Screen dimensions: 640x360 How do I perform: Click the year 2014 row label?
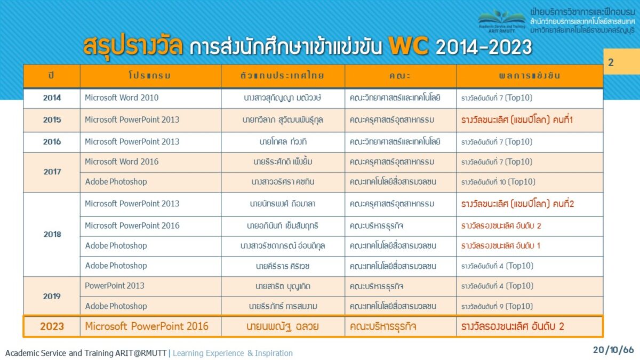pos(52,98)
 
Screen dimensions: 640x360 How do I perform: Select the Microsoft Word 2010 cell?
pos(122,98)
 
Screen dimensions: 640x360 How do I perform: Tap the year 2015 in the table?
pos(52,119)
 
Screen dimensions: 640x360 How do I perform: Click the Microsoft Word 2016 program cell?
pos(122,162)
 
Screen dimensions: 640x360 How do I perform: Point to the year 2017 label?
pos(52,172)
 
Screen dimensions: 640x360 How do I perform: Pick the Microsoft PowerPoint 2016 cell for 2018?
pos(132,226)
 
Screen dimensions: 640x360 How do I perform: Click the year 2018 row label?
pos(52,234)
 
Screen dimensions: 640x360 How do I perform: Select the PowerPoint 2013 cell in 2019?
pos(115,286)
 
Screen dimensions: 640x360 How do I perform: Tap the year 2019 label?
pos(52,297)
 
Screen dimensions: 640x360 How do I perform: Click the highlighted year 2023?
pos(52,326)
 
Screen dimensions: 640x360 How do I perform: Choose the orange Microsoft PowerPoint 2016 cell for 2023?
pos(147,326)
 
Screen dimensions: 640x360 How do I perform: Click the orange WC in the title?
pos(409,46)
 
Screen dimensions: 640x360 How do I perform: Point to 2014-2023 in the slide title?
pos(484,47)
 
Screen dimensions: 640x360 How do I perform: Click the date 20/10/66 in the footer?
pos(613,350)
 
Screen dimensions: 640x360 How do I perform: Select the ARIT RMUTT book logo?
pos(502,21)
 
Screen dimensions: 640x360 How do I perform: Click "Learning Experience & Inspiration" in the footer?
pos(233,353)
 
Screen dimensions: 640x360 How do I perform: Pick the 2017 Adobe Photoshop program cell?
pos(116,182)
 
